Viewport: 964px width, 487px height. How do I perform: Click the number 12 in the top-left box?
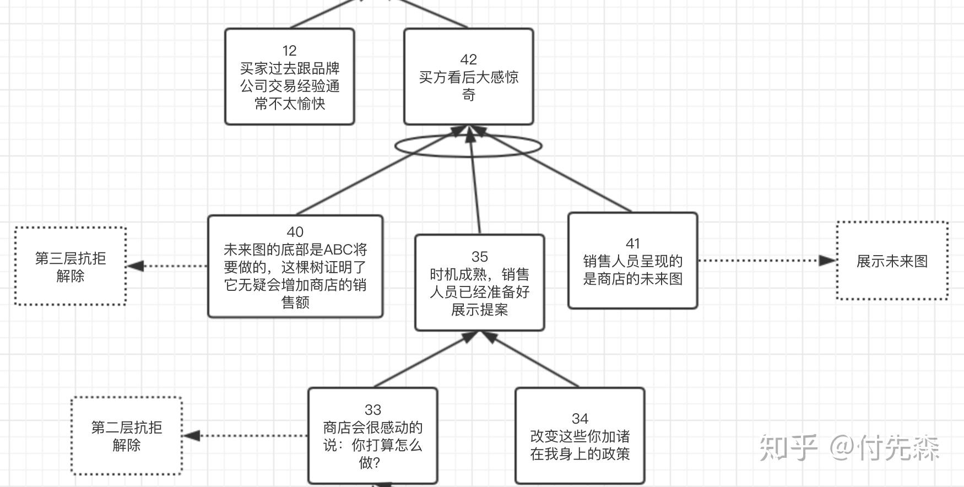[289, 51]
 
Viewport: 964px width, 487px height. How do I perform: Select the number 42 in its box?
[468, 59]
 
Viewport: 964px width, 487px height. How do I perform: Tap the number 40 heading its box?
[295, 232]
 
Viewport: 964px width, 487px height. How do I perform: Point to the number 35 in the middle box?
[479, 257]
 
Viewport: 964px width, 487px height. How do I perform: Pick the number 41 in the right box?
[633, 244]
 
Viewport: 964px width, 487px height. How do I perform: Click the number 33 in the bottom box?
[373, 410]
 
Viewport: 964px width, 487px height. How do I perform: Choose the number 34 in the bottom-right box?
[580, 419]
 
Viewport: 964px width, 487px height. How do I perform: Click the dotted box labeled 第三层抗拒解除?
[71, 227]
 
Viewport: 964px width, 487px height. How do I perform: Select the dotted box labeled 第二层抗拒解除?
[127, 398]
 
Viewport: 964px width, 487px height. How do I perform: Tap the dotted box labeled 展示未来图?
[892, 223]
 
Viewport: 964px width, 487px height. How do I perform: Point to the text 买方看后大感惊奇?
[468, 85]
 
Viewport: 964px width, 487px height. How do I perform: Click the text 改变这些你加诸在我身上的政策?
[580, 445]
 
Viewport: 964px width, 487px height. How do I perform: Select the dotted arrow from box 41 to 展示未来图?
[767, 261]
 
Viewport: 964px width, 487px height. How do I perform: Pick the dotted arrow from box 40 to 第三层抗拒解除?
[167, 266]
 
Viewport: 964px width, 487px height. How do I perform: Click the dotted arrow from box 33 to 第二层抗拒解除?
[246, 436]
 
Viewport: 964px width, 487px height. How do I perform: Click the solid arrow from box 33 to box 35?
[426, 359]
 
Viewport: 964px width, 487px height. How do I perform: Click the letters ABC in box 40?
[337, 250]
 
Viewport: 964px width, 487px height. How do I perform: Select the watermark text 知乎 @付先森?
[849, 447]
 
